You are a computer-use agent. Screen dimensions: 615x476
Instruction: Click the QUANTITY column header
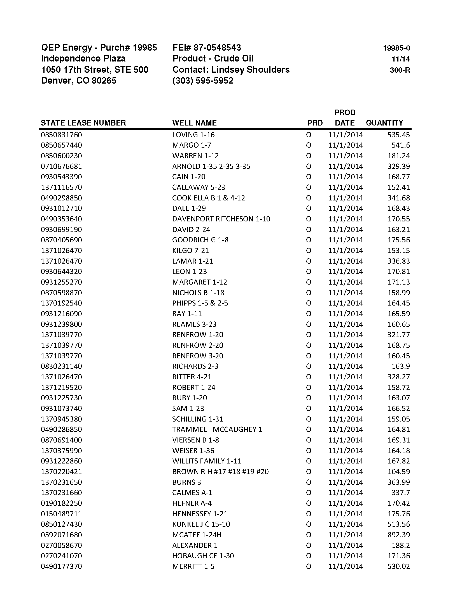(x=384, y=123)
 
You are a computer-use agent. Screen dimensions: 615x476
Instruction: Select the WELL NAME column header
(x=194, y=123)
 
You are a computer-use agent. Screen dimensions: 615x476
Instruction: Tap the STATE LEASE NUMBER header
(x=83, y=123)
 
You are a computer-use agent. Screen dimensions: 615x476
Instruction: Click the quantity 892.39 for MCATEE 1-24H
(x=398, y=535)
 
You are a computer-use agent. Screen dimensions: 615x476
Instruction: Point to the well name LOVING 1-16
(x=193, y=135)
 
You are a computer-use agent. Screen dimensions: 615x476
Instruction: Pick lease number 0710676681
(x=61, y=166)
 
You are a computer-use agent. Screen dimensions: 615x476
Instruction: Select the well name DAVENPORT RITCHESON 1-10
(x=221, y=219)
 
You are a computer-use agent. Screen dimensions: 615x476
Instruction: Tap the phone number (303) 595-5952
(x=203, y=81)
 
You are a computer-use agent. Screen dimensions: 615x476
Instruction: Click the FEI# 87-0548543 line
(x=207, y=48)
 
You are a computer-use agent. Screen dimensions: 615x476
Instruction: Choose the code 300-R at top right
(x=400, y=70)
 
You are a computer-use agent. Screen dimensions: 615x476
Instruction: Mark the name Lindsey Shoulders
(x=250, y=70)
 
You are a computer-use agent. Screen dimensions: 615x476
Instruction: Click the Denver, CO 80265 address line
(x=79, y=81)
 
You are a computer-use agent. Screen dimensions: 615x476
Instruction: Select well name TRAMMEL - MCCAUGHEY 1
(x=217, y=429)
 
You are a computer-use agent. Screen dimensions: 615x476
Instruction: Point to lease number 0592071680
(x=61, y=535)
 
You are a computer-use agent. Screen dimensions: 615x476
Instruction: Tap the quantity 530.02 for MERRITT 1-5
(x=398, y=566)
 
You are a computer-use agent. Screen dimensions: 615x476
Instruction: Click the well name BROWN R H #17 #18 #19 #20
(x=220, y=472)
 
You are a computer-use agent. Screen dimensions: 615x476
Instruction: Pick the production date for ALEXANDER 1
(x=346, y=545)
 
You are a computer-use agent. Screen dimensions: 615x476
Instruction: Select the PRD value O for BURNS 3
(x=309, y=482)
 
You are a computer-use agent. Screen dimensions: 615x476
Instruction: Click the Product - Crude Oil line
(x=213, y=59)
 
